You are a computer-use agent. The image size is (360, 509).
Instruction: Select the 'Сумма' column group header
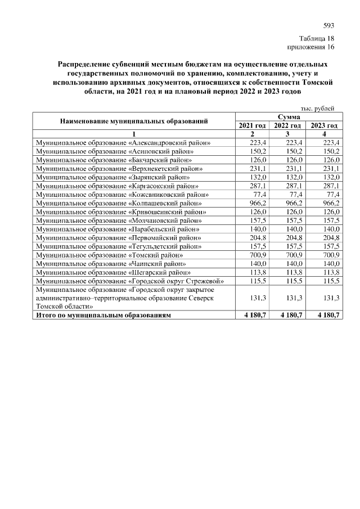click(287, 116)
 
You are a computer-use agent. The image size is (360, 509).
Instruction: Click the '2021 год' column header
click(252, 125)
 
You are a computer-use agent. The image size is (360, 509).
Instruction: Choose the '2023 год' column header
click(324, 125)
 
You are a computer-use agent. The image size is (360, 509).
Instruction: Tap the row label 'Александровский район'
click(123, 143)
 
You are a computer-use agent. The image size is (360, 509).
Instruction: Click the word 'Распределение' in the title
click(85, 64)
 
